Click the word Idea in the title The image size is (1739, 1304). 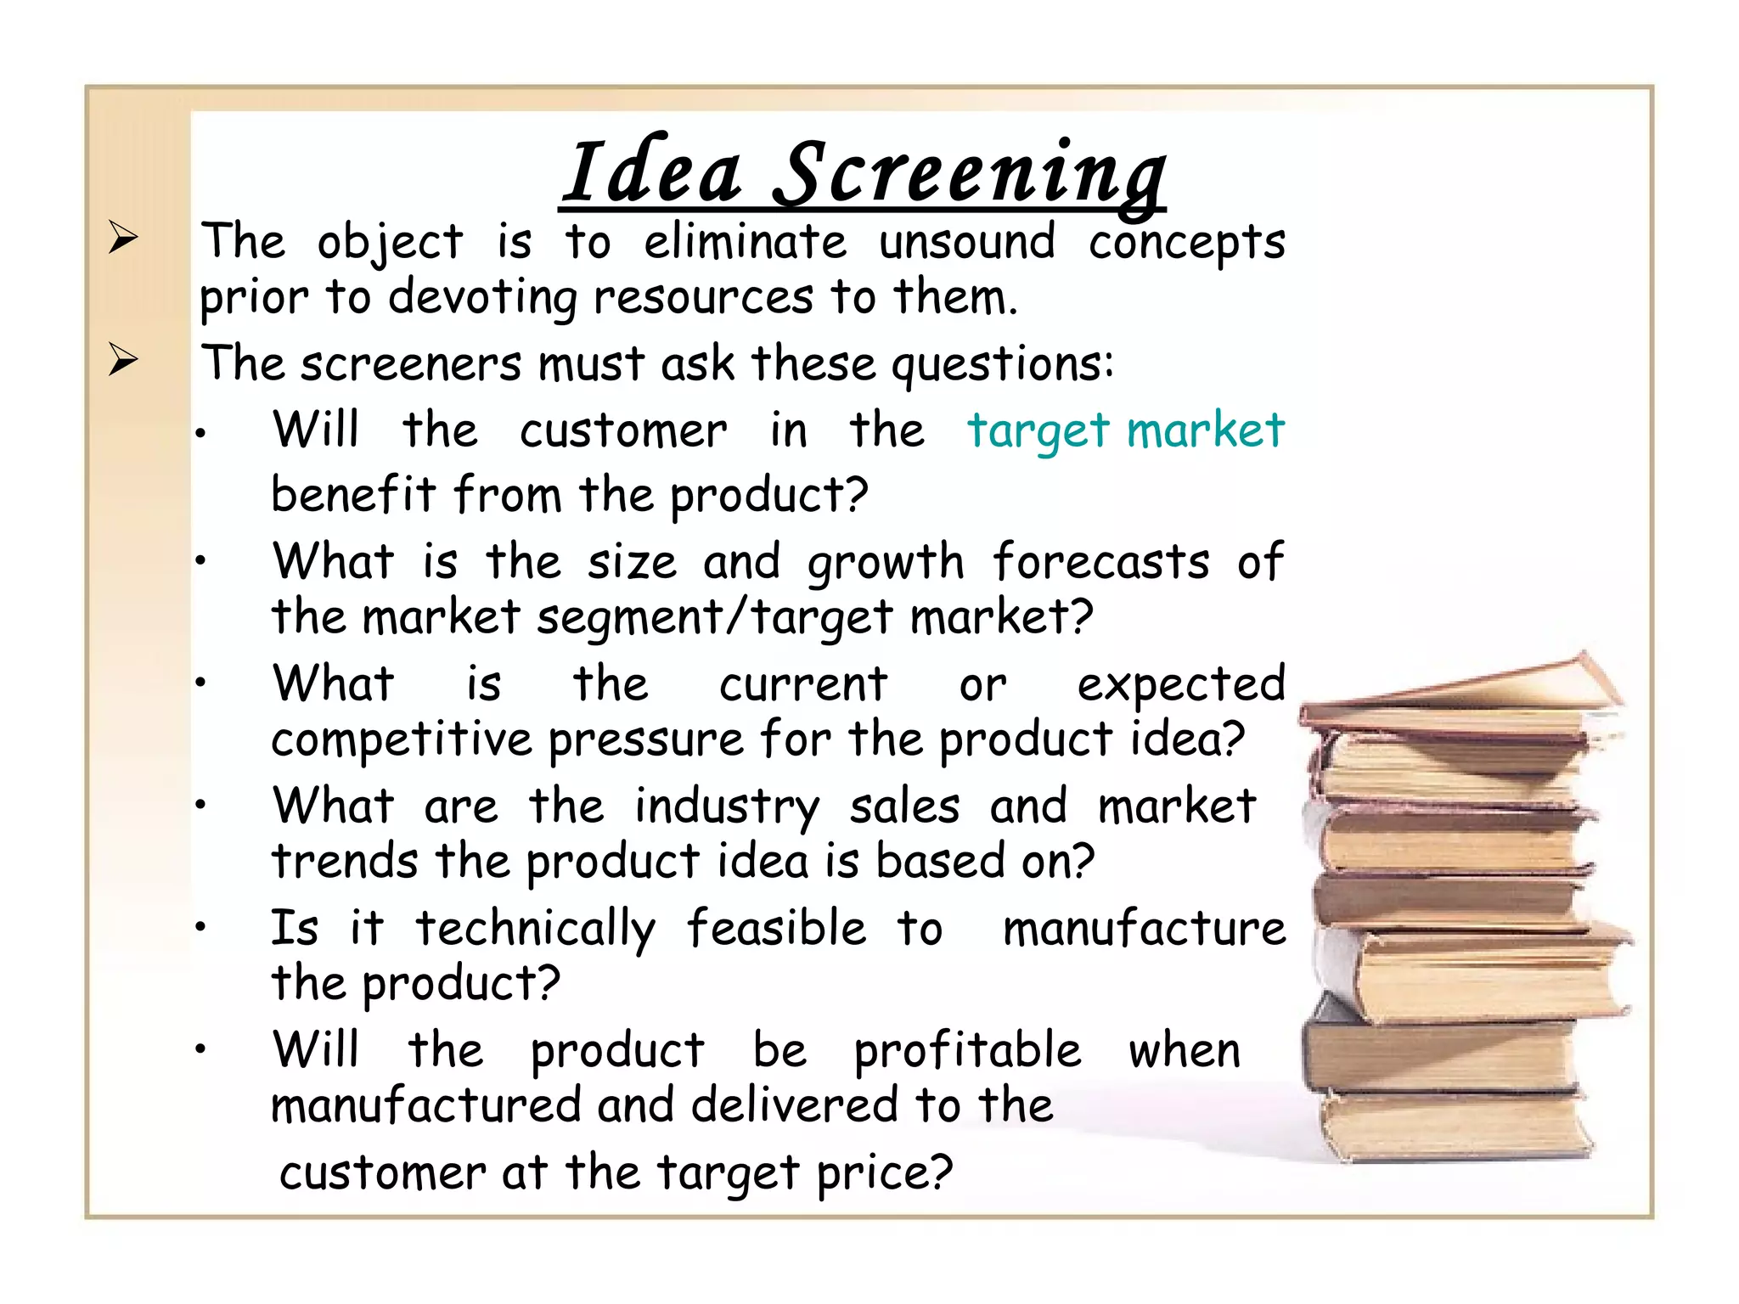653,173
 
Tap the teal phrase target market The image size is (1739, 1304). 1126,431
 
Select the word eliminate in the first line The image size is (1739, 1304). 745,242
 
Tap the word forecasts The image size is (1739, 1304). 1101,562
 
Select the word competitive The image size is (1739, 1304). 401,739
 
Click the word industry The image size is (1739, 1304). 727,807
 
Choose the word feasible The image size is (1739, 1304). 776,927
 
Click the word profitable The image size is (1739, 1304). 967,1051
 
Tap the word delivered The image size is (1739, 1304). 794,1105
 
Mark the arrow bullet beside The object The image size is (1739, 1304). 123,238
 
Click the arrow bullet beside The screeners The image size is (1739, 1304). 123,360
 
